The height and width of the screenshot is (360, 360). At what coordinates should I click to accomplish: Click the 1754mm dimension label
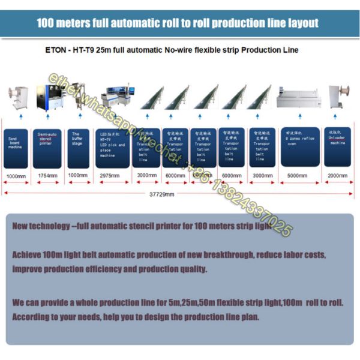pos(47,175)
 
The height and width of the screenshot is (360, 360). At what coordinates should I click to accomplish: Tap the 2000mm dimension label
pos(337,175)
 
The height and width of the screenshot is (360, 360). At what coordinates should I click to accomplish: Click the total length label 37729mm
pos(162,194)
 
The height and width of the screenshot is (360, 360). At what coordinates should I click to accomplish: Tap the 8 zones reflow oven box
pos(300,147)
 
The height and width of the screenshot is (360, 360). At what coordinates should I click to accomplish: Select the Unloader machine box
pos(337,147)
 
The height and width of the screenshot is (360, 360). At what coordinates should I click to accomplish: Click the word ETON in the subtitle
pos(56,50)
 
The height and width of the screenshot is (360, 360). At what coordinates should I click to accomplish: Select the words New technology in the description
pos(39,226)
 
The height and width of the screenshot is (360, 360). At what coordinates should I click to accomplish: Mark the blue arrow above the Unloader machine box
pos(338,118)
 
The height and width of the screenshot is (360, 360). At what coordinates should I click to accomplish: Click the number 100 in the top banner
pos(46,23)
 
